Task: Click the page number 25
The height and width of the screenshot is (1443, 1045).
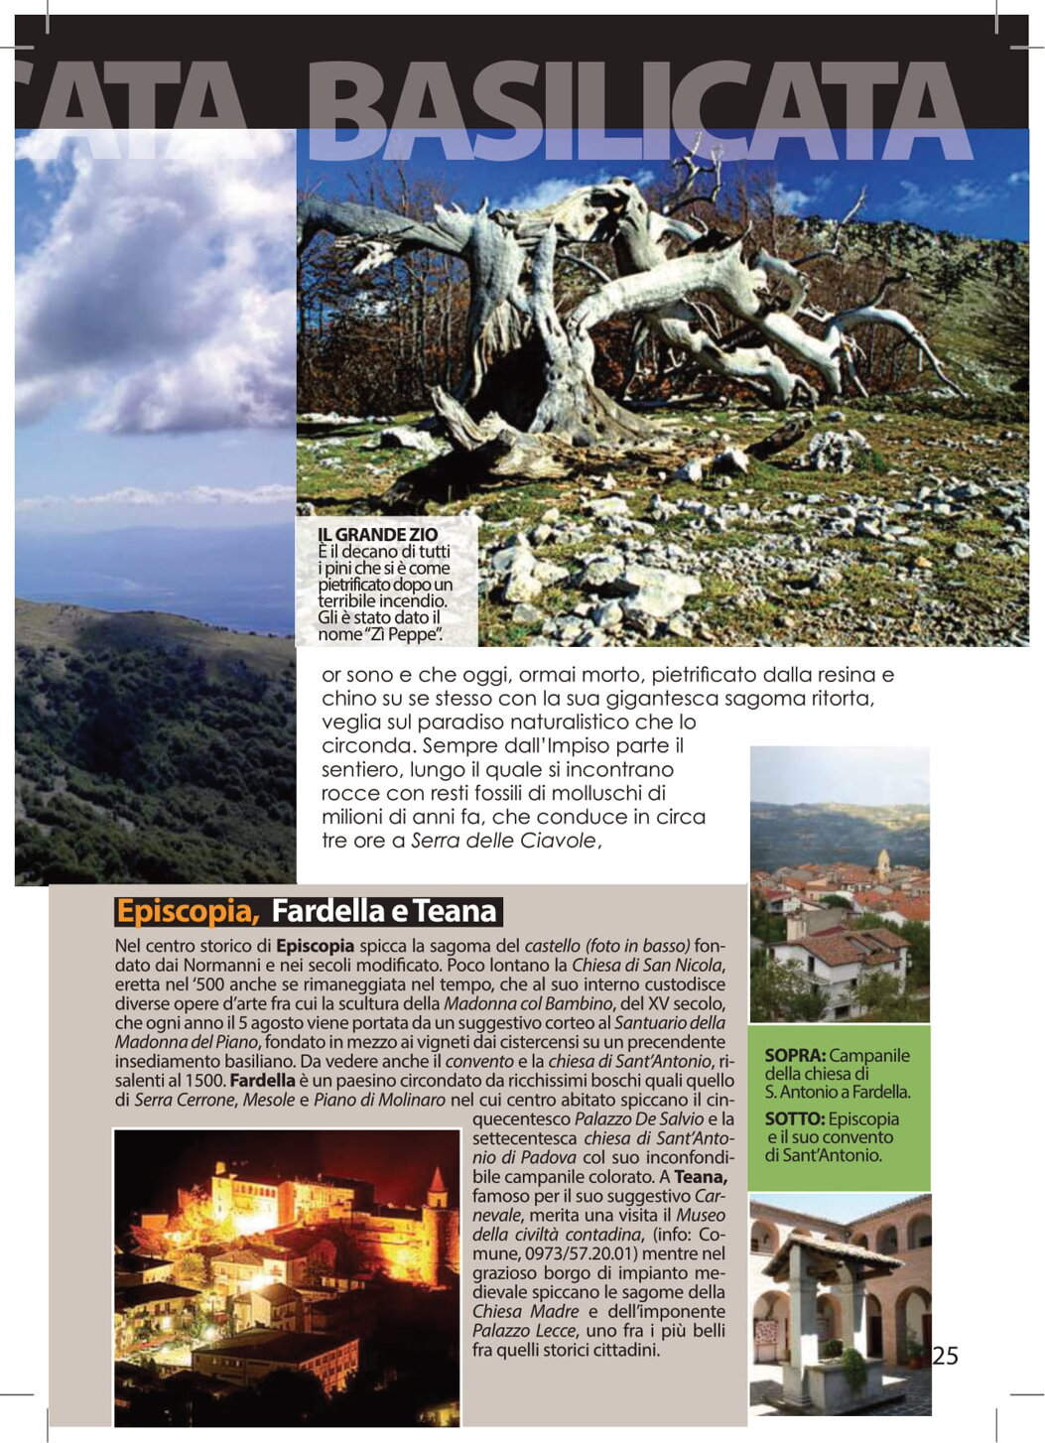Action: [945, 1356]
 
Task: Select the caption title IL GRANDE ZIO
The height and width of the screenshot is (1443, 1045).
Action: [377, 535]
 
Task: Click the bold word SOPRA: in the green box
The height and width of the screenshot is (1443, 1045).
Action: [795, 1056]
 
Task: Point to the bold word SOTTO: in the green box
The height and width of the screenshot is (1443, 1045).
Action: [794, 1119]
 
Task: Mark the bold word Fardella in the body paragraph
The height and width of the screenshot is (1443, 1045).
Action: [261, 1080]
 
